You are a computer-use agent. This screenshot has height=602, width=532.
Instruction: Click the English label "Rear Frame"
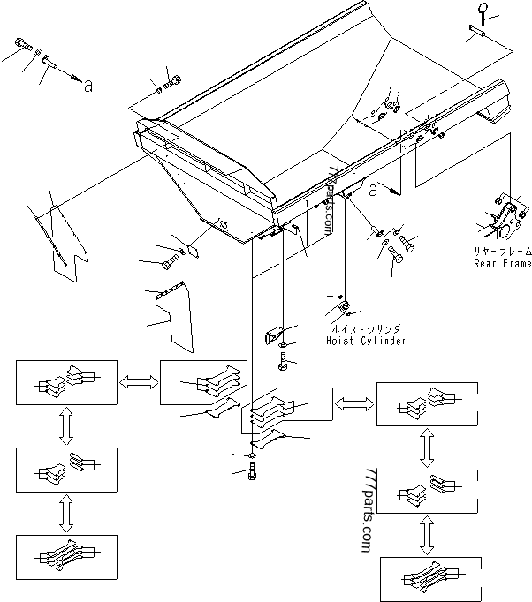(503, 263)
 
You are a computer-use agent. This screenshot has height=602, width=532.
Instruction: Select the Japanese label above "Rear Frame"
(503, 252)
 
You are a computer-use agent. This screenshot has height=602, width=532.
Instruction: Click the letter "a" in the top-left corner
(87, 85)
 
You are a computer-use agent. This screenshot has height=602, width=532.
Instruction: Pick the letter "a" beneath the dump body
(374, 189)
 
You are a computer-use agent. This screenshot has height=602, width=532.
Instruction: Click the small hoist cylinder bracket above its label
(342, 308)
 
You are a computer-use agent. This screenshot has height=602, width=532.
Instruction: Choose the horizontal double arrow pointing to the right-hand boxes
(354, 403)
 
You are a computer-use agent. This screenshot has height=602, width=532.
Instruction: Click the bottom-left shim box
(66, 556)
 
